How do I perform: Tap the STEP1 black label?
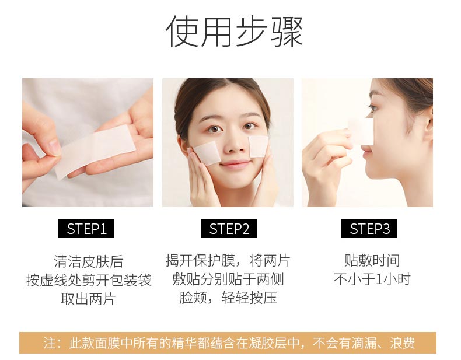[86, 229]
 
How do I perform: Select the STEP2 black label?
[229, 229]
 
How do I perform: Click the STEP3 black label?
[369, 229]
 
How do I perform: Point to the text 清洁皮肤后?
[88, 261]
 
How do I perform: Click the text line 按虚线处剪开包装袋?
[88, 280]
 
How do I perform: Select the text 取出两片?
[88, 299]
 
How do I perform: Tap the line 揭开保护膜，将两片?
[228, 260]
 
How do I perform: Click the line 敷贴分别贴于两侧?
[228, 279]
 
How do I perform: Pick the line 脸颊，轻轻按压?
[228, 298]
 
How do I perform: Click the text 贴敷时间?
[372, 260]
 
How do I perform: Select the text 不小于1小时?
[372, 279]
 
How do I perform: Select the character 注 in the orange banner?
[50, 343]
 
